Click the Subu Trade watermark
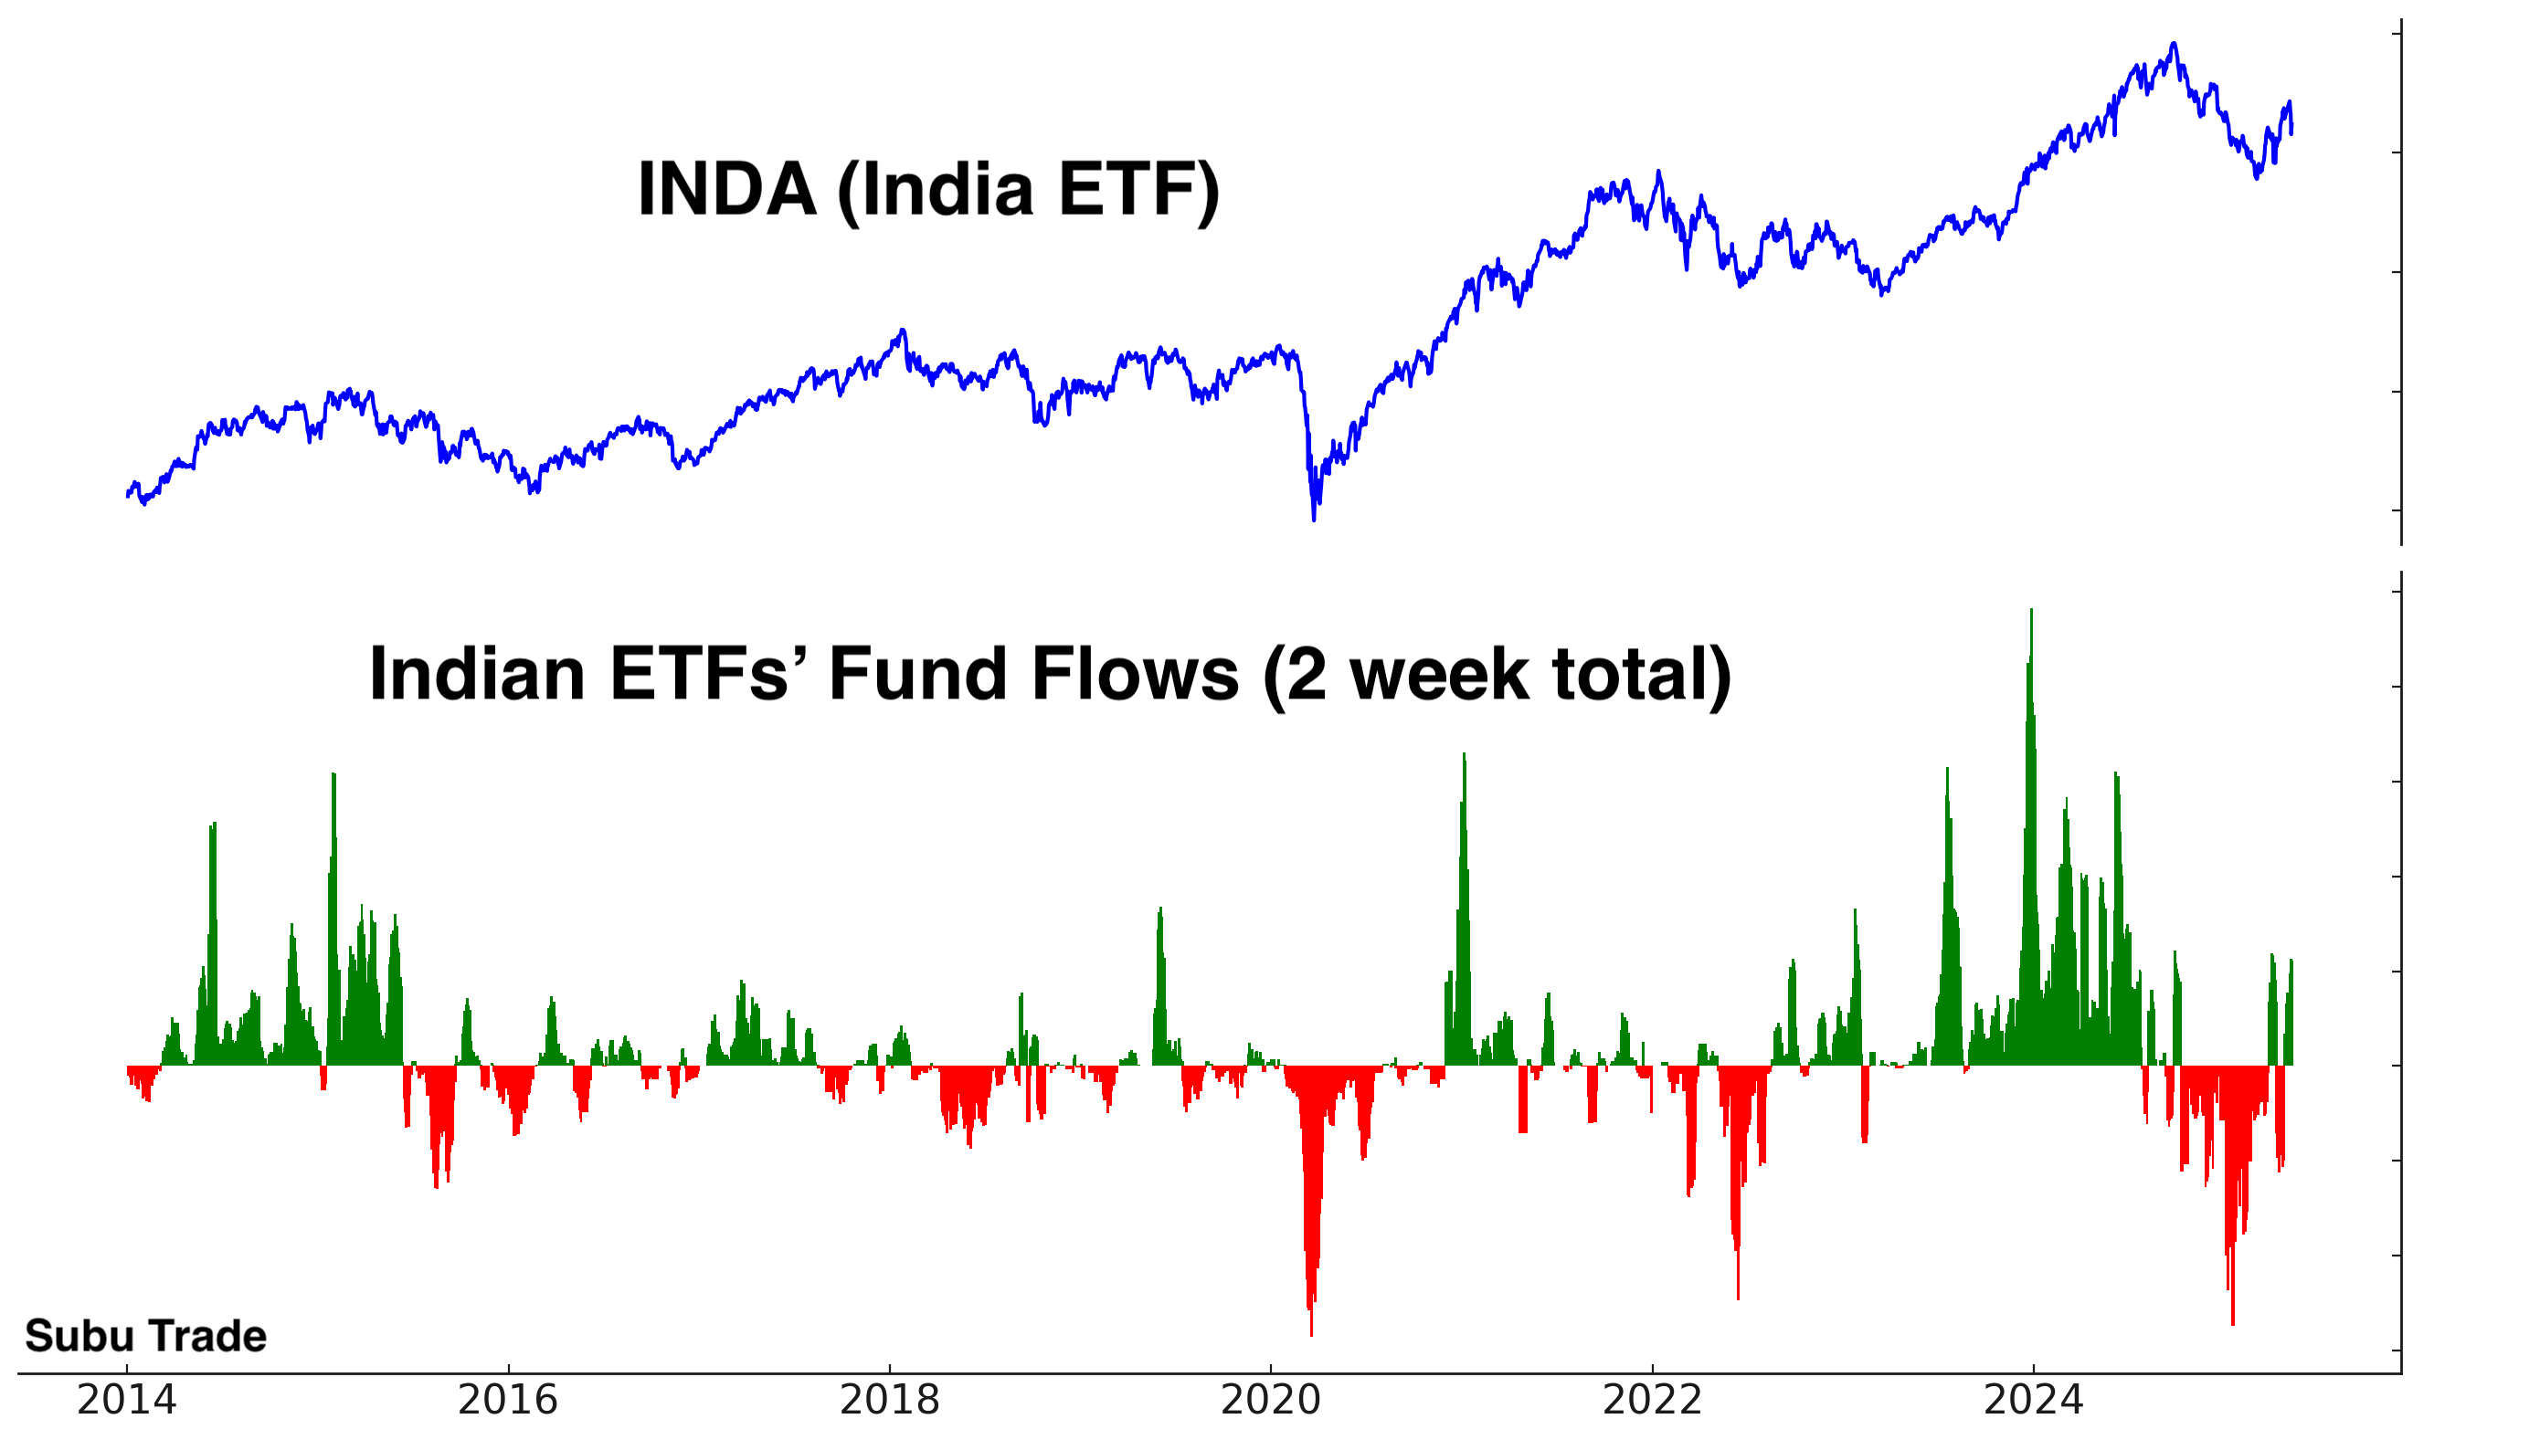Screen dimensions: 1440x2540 click(145, 1336)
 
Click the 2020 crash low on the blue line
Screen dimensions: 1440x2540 click(1314, 516)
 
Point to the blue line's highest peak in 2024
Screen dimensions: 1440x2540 click(2174, 45)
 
